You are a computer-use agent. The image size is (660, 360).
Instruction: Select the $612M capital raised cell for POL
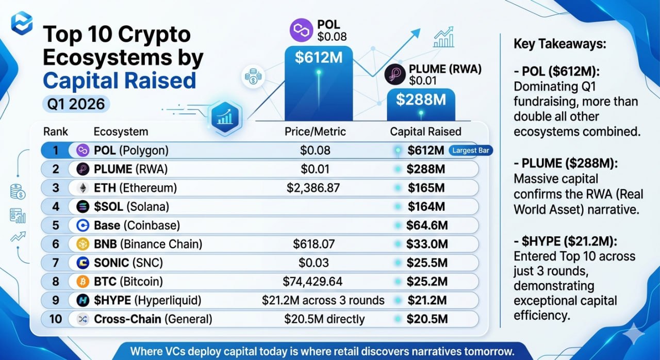(x=425, y=151)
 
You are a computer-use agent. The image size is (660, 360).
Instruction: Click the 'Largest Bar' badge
(x=470, y=151)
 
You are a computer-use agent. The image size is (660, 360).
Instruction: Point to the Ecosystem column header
(x=121, y=132)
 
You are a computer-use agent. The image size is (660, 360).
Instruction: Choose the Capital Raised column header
(x=425, y=132)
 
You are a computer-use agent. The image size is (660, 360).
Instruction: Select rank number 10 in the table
(x=55, y=319)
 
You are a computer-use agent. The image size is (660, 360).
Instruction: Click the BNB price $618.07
(x=313, y=244)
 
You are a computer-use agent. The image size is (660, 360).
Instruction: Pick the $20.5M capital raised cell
(x=426, y=319)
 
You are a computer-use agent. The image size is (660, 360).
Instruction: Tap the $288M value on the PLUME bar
(x=421, y=100)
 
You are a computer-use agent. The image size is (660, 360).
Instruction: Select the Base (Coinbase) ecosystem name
(x=137, y=225)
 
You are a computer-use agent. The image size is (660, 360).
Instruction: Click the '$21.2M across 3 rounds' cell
(x=323, y=300)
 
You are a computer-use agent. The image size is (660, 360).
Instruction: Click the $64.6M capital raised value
(x=426, y=225)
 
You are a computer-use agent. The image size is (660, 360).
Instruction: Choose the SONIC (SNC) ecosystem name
(x=128, y=263)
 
